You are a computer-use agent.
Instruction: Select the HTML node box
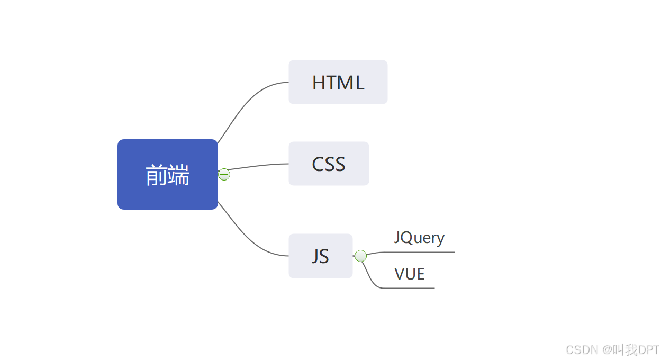tap(338, 82)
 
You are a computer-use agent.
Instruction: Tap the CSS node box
tap(328, 164)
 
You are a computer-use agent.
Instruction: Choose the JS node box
tap(320, 256)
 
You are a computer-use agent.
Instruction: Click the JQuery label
tap(419, 238)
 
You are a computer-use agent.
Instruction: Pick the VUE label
tap(410, 274)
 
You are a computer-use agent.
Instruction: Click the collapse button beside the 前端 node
tap(224, 174)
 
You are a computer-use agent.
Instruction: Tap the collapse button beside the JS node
tap(360, 256)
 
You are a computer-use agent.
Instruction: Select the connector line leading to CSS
tap(259, 166)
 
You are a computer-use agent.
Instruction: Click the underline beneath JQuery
tap(423, 252)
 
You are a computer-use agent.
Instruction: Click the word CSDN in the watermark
tap(581, 350)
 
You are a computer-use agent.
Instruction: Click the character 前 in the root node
tap(156, 175)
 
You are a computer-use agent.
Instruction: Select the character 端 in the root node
tap(179, 175)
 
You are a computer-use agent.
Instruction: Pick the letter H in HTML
tap(319, 83)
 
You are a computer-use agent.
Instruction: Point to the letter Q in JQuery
tap(408, 238)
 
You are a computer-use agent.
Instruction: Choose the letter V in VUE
tap(400, 274)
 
